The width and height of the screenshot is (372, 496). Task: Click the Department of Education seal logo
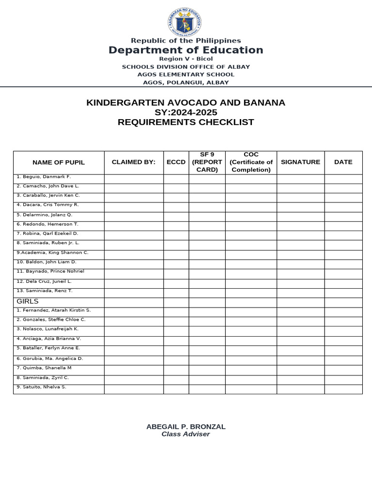[186, 22]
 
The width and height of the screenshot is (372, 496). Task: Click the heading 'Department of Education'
[186, 50]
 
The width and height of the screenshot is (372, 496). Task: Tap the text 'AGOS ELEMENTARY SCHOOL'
[186, 75]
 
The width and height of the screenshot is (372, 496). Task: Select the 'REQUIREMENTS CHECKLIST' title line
[186, 122]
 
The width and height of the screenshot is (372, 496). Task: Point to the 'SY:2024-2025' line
[186, 112]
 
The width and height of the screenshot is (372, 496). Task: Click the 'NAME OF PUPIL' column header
[59, 162]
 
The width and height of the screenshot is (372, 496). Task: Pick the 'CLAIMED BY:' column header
[134, 162]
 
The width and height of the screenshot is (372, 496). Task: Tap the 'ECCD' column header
[176, 162]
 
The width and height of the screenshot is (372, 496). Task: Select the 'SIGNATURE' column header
[300, 162]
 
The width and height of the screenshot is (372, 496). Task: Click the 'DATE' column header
[343, 162]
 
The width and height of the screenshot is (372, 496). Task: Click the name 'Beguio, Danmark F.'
[44, 177]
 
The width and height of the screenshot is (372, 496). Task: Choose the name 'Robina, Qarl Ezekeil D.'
[47, 233]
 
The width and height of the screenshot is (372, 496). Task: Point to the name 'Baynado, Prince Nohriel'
[50, 271]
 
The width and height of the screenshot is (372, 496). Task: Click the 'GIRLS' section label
[27, 301]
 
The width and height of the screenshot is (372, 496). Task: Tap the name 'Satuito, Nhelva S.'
[41, 387]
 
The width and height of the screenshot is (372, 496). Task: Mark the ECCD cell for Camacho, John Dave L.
[176, 188]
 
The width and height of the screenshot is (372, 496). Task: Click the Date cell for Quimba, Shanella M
[343, 370]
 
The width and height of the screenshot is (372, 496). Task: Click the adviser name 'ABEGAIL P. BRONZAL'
[186, 427]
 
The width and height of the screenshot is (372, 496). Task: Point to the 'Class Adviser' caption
[186, 434]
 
